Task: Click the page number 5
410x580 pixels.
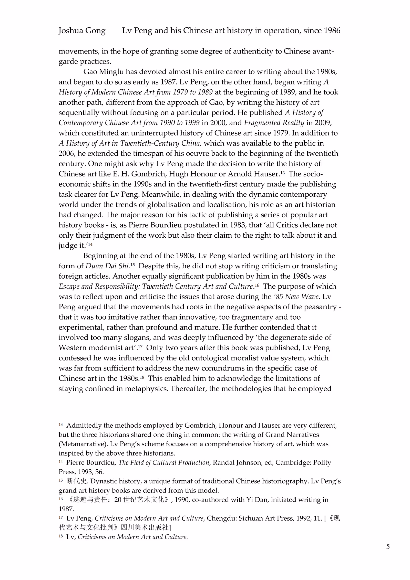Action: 388,547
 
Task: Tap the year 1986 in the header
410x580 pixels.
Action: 332,31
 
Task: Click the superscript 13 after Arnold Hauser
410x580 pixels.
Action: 282,173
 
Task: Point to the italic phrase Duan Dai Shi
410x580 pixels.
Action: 107,266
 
